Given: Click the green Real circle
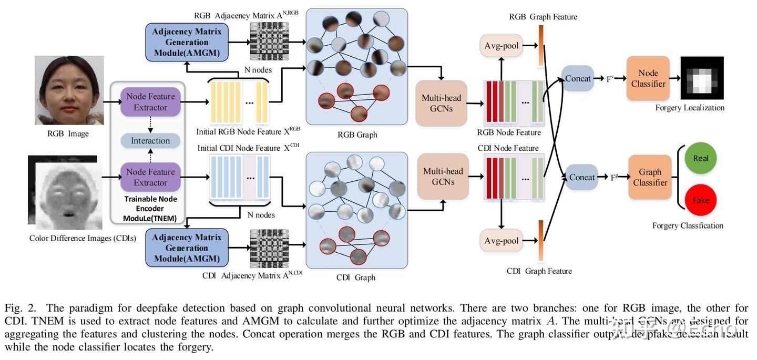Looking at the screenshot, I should pos(701,158).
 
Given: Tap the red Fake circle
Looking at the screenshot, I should pos(701,200).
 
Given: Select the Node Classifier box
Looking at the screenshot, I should pos(648,78).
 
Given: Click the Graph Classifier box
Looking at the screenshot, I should pos(650,177).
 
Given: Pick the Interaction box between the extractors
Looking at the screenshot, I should pos(150,141).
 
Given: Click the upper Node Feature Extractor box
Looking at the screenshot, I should pos(150,102).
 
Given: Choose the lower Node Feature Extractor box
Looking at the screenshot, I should pos(150,177).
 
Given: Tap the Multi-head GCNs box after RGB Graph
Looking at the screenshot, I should pos(441,103).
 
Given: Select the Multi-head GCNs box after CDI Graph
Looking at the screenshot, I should pos(443,176).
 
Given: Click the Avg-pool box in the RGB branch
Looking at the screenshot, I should pos(501,46).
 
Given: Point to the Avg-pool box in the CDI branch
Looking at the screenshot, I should pos(501,241).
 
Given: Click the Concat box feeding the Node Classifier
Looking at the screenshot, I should pos(578,79).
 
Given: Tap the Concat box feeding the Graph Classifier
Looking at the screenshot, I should pos(582,178).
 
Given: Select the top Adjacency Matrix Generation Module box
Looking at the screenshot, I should pos(187,42).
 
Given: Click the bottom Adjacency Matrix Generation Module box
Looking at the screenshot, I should pos(187,248).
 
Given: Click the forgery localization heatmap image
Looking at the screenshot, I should pos(702,78).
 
